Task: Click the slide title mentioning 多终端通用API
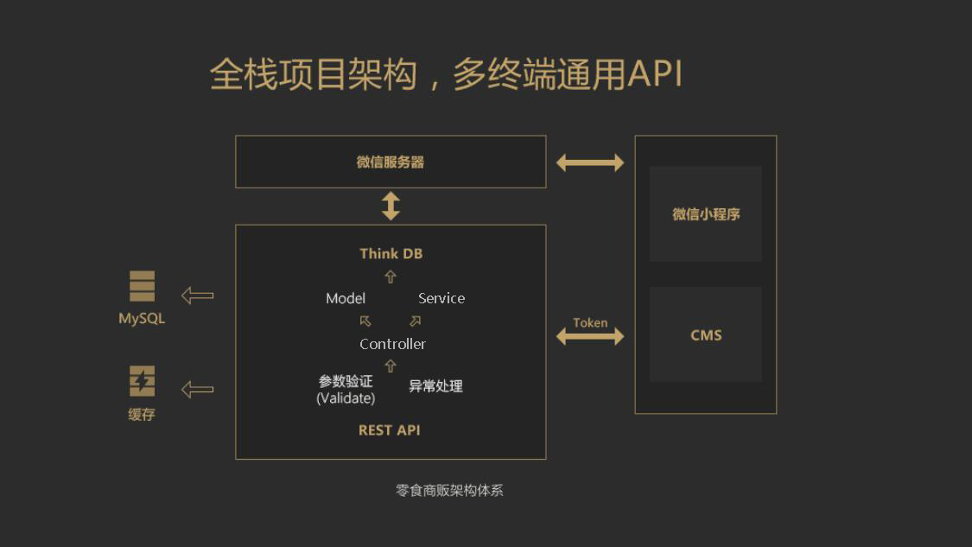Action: point(446,75)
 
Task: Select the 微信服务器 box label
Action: point(391,162)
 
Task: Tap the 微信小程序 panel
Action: point(706,214)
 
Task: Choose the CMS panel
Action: point(706,335)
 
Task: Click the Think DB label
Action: point(391,253)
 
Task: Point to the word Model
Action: point(346,298)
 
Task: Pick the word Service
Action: point(441,298)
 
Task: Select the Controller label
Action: point(392,344)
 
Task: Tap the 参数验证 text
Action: point(346,381)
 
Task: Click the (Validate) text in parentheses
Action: point(346,398)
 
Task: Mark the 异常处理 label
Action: point(435,386)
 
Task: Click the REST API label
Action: point(390,430)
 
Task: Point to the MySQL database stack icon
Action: point(142,286)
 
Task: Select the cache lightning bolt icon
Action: point(142,381)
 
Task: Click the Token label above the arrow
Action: point(590,322)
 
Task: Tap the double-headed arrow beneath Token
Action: point(590,337)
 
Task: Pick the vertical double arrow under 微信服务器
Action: point(391,206)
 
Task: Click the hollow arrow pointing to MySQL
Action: point(198,296)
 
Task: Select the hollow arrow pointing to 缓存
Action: point(198,389)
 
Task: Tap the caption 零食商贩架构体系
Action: point(449,490)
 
